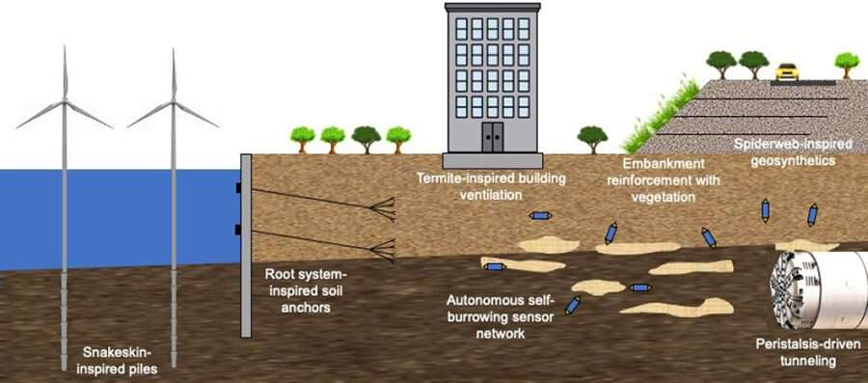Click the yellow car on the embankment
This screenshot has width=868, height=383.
787,71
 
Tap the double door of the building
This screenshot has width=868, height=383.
493,136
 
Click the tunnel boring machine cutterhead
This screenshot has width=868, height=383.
795,289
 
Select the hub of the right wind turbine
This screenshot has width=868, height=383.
174,101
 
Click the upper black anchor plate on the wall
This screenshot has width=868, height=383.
238,188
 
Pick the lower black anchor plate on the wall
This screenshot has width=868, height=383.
238,229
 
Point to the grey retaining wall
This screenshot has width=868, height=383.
246,270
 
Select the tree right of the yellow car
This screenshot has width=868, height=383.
847,63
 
